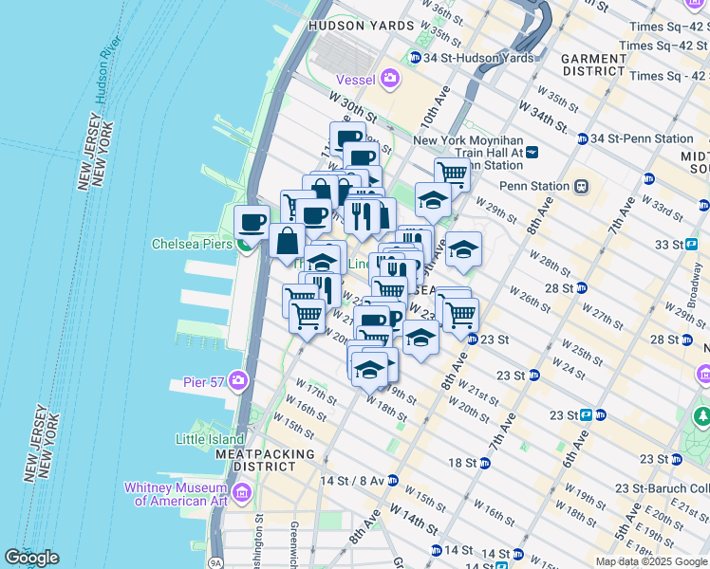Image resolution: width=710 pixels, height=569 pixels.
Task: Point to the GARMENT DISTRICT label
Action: point(594,64)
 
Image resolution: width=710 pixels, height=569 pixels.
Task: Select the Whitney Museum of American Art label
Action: point(177,493)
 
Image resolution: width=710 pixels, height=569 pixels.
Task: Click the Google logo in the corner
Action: point(31,558)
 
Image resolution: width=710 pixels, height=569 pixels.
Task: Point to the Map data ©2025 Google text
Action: point(650,561)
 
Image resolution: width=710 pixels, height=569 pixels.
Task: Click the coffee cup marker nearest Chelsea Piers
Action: point(252,223)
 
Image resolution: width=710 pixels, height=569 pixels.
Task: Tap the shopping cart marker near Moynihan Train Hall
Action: point(452,174)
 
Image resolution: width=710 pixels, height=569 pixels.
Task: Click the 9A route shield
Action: point(216,561)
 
